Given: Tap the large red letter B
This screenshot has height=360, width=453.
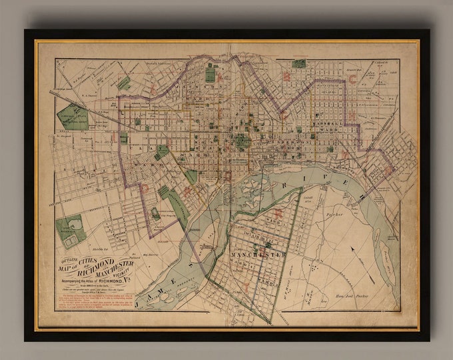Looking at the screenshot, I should [x=286, y=77].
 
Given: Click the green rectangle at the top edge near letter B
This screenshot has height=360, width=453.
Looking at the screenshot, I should [x=299, y=64].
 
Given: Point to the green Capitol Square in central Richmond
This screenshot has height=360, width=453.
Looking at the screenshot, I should [x=242, y=141].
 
